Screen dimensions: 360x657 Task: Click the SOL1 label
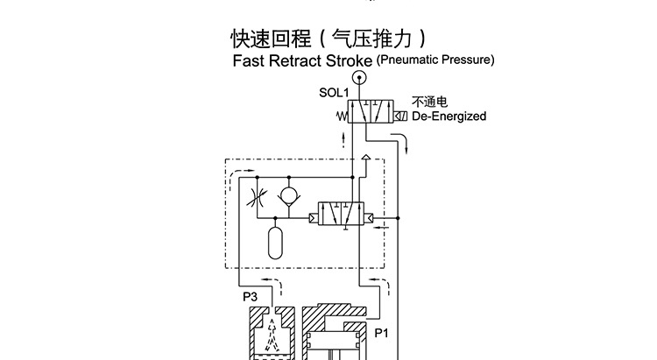click(x=335, y=91)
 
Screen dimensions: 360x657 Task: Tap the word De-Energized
click(x=449, y=116)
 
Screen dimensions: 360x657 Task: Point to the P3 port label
click(x=250, y=296)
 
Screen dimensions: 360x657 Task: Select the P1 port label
click(x=382, y=333)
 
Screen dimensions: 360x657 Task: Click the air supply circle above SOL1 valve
click(x=358, y=78)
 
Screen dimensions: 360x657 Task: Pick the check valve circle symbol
click(x=286, y=192)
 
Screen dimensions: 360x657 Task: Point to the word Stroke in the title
click(x=349, y=62)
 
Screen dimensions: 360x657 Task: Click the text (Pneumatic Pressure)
click(x=435, y=60)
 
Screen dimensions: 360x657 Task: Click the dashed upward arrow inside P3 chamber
click(x=273, y=333)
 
